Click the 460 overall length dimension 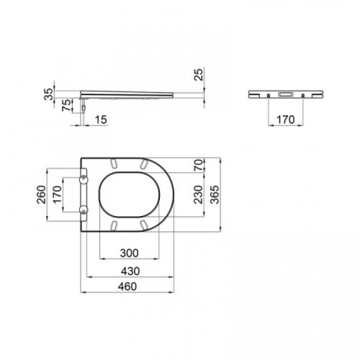point(129,288)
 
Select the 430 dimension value point(129,271)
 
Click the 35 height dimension point(48,94)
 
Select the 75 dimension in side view point(67,106)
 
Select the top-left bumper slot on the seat point(114,162)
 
